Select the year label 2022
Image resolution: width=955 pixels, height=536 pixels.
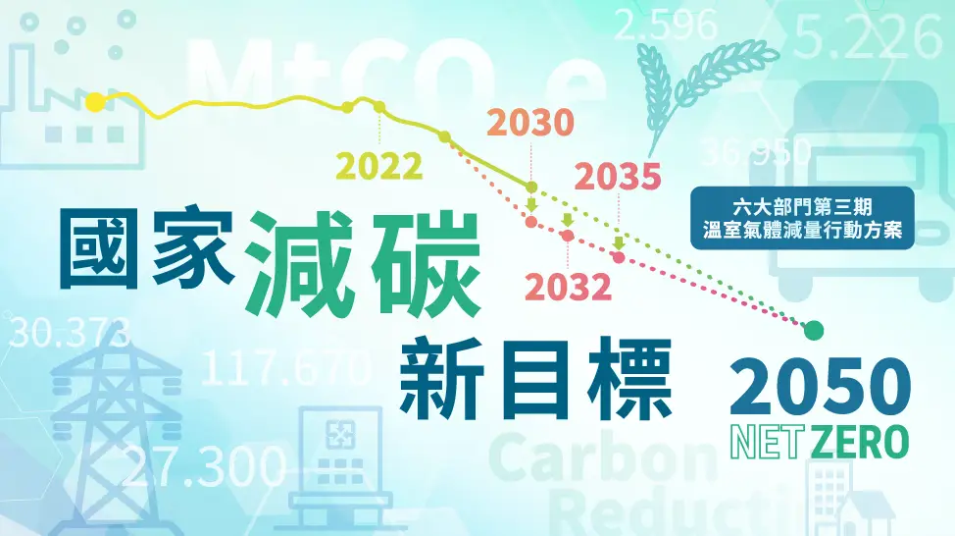[379, 166]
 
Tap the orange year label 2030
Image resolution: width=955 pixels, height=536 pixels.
[529, 123]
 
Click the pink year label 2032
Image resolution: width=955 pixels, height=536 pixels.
[568, 286]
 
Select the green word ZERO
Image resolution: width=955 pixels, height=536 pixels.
[857, 442]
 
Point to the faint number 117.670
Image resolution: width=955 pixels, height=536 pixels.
[284, 370]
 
